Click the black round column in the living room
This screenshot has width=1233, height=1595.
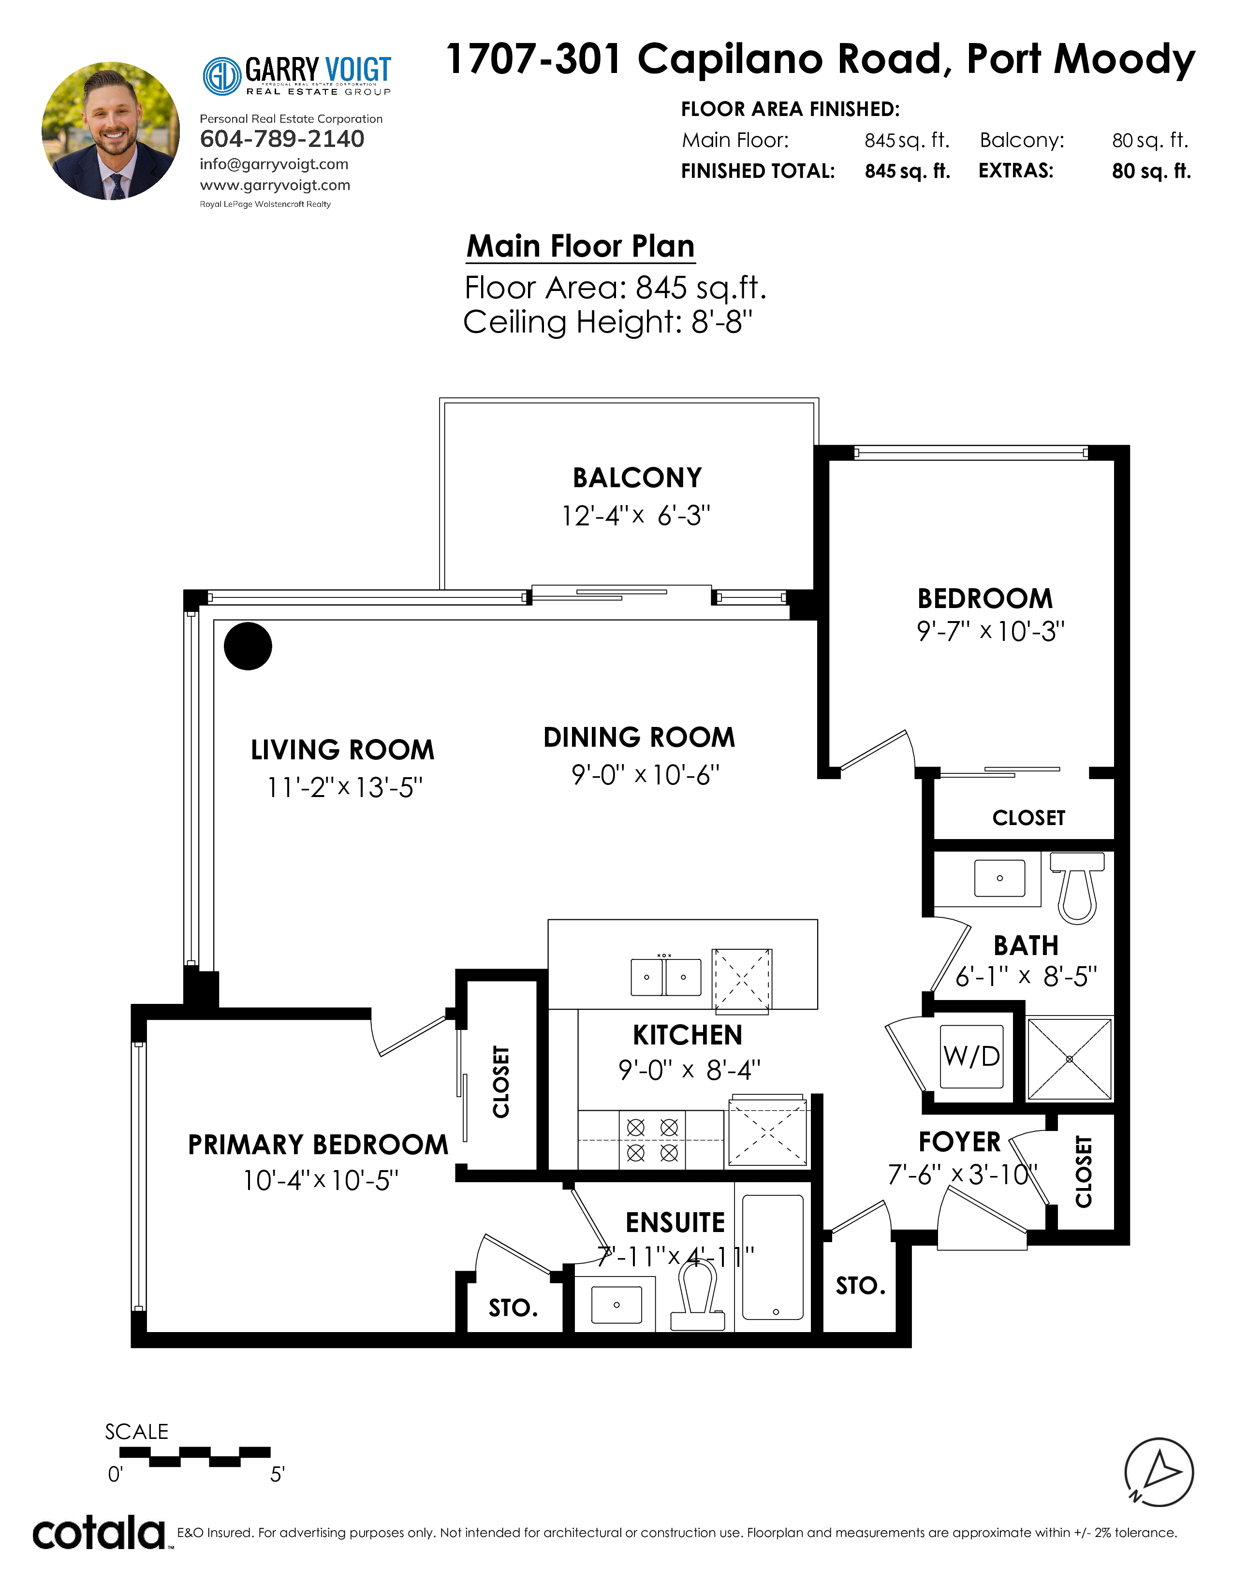click(x=248, y=646)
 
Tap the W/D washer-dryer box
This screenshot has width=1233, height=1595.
click(x=971, y=1056)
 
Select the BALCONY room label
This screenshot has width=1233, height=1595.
click(x=637, y=478)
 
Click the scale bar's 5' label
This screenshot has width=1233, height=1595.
click(x=277, y=1475)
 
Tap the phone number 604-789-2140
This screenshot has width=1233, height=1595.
click(x=282, y=139)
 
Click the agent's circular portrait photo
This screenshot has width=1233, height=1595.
click(x=110, y=130)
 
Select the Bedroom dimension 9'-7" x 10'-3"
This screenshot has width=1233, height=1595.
click(x=990, y=631)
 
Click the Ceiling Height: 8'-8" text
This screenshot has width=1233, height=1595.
click(x=608, y=322)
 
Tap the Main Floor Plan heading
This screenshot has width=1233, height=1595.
click(x=581, y=246)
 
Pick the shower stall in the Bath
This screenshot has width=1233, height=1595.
click(x=1070, y=1059)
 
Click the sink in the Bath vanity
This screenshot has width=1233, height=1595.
click(x=999, y=878)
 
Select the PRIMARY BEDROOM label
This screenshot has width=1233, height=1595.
click(x=318, y=1145)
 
